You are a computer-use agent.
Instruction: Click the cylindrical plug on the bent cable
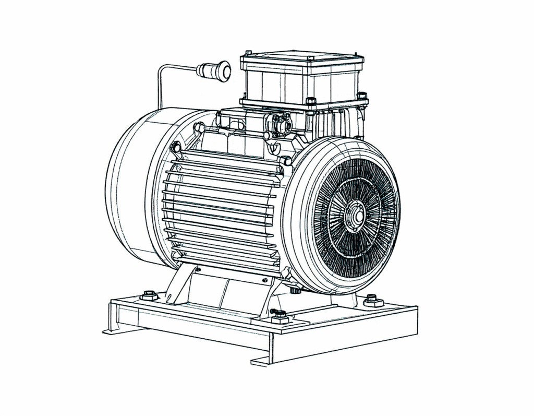coord(214,70)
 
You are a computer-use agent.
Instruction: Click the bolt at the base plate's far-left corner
coord(149,295)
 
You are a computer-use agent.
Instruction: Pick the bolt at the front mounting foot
coord(280,316)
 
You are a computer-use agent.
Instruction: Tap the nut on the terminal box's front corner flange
coord(311,101)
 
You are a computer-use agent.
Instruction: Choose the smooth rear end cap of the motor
coord(128,185)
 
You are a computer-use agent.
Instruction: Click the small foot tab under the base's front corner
coord(263,361)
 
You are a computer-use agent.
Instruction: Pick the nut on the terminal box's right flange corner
coord(362,96)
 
